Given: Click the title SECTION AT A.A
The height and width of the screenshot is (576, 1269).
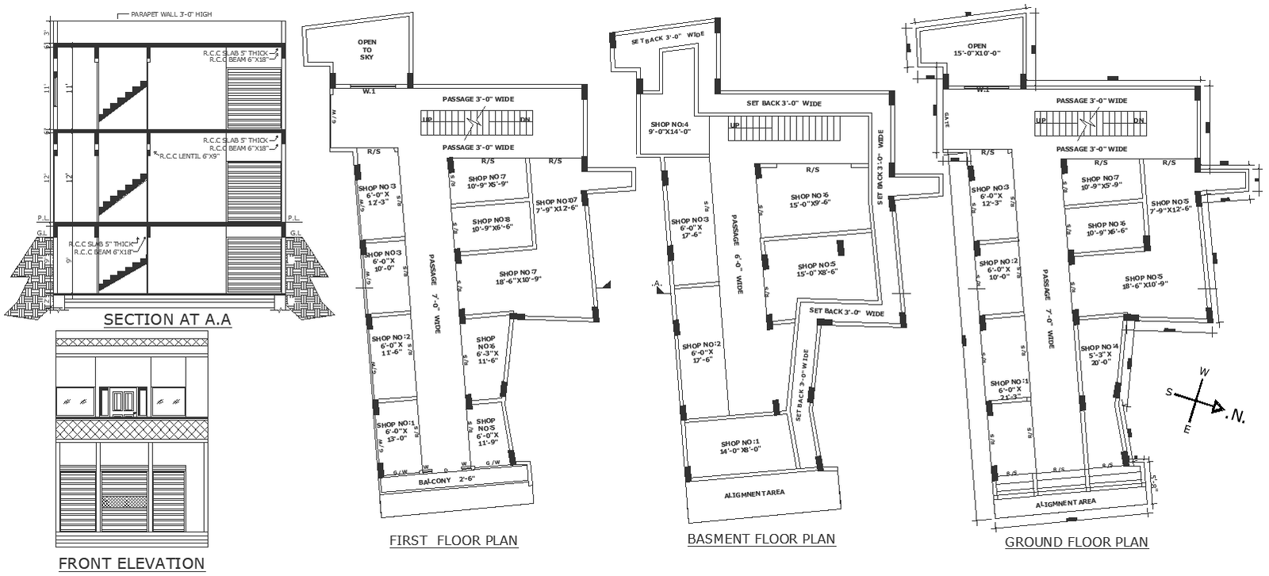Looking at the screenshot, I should point(167,320).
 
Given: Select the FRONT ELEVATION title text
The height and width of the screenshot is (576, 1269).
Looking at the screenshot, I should point(132,563).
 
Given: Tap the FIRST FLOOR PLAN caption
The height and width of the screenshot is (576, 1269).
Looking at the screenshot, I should point(453,541).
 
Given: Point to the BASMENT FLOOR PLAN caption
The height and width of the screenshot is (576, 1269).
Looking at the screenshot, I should point(761,540).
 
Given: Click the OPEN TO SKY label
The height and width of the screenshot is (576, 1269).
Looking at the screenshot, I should point(366,49).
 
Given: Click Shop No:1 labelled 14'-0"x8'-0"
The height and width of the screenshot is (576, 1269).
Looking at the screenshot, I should point(740,447).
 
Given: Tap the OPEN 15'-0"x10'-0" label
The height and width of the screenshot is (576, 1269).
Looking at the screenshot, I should point(976,50).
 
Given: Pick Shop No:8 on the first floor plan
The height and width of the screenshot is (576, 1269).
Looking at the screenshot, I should point(492,225).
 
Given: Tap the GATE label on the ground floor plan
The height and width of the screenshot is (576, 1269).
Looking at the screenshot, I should point(947,119).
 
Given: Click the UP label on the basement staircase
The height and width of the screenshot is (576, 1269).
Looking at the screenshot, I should point(734,125).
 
